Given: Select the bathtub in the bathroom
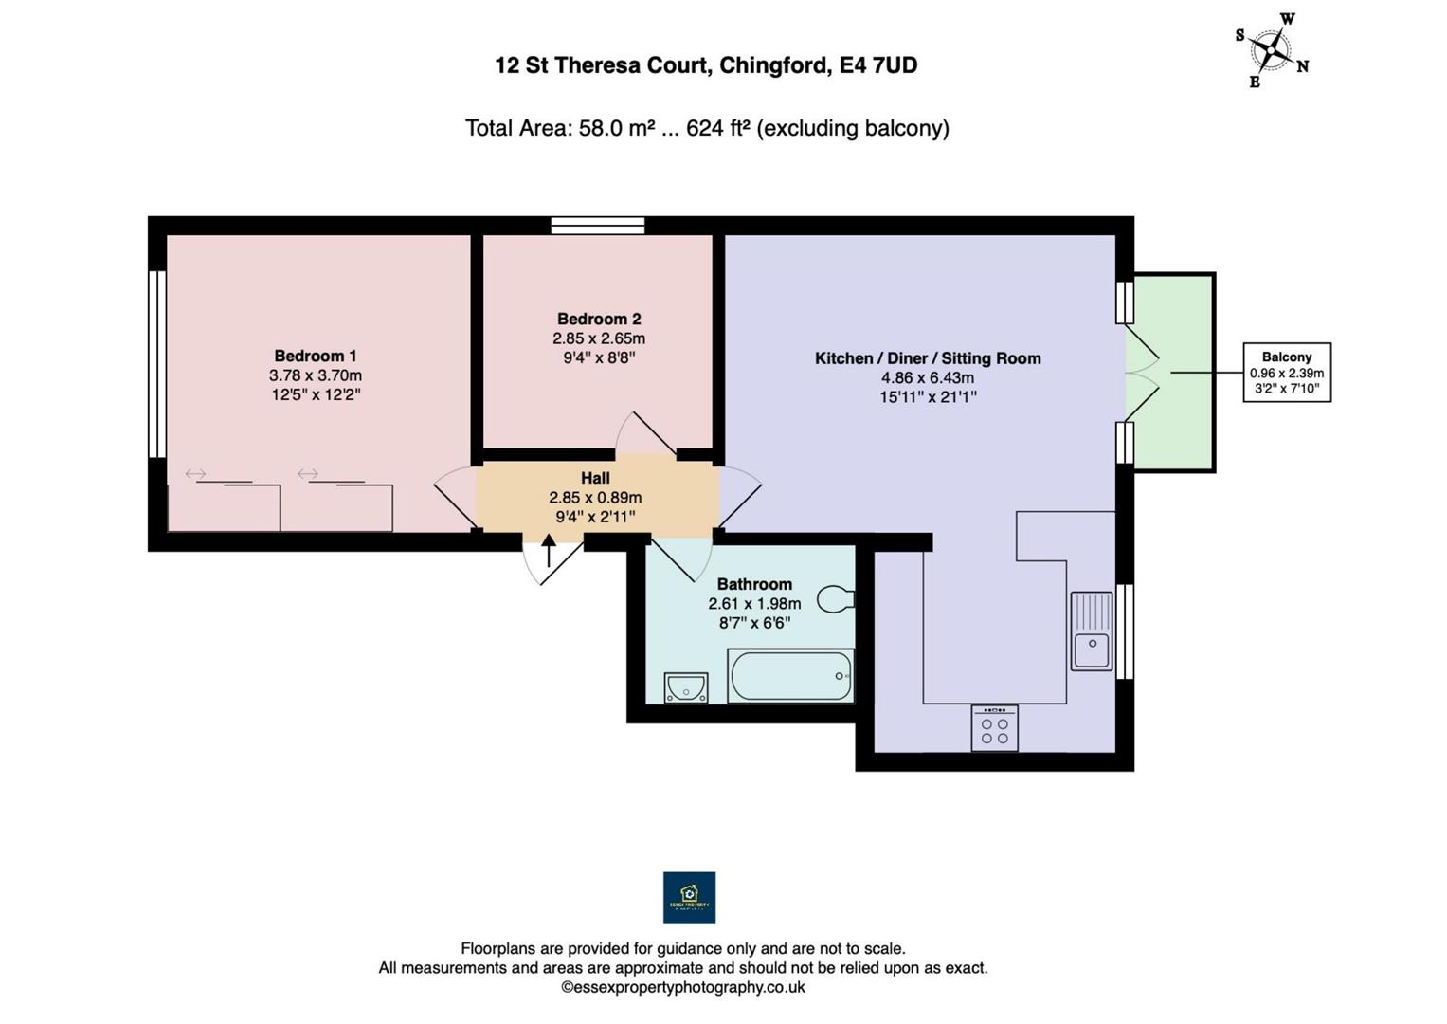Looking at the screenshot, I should [790, 675].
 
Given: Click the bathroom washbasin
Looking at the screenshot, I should [685, 687].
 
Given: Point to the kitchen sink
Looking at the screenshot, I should [1092, 631].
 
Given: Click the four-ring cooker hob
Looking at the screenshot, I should [994, 729].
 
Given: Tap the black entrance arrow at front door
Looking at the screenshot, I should [549, 550].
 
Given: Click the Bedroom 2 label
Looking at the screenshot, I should [599, 320].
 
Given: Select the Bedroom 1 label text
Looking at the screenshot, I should [316, 357].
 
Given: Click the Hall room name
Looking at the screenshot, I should [595, 479].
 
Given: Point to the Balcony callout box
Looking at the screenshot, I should [1287, 373].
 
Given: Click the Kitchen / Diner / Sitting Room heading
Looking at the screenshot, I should [928, 358].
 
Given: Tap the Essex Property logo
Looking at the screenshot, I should [689, 898].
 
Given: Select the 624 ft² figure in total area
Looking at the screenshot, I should [717, 128].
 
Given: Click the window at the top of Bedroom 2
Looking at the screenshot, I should [598, 226].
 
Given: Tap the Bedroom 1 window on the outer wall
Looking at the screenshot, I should [157, 364].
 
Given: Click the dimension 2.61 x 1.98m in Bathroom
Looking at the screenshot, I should [754, 604].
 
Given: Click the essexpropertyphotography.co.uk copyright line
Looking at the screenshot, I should [682, 988].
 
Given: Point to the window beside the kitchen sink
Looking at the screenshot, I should [1125, 631].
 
